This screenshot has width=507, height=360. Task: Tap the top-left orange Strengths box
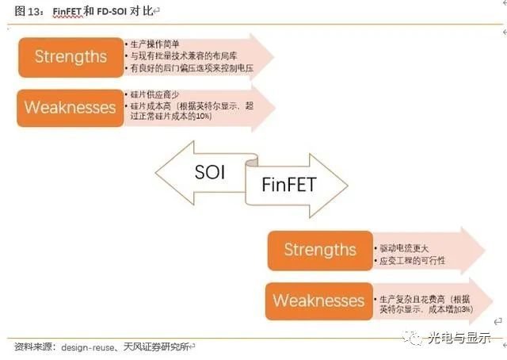click(x=71, y=56)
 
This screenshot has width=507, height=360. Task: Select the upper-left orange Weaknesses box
click(x=71, y=107)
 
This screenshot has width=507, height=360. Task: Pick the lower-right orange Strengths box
click(x=320, y=250)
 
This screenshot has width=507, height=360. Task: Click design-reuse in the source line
click(x=86, y=347)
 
